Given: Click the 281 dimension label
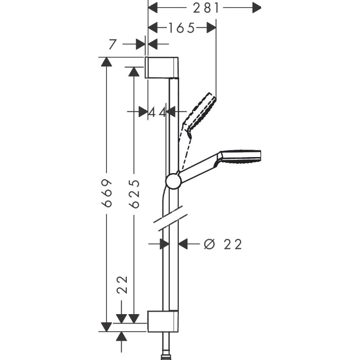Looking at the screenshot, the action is point(206,8).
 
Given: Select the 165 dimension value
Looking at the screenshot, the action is point(182,28).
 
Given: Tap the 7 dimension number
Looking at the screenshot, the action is point(112,44).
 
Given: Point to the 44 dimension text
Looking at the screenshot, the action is point(157,113).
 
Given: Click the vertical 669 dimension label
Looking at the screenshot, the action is point(107,193).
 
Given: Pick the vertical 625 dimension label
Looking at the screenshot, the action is point(134,194).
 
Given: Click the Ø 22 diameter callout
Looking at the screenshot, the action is point(223,244).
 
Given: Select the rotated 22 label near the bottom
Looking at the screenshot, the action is point(122,285).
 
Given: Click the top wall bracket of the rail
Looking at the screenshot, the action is point(162,67).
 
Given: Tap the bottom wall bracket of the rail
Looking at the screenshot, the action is point(163,321).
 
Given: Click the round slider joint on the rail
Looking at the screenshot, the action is point(174,181).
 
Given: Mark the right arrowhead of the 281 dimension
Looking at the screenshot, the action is point(257,8).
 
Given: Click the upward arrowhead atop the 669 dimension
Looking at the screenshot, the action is point(106,62).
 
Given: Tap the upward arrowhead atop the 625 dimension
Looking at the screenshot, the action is point(134,71).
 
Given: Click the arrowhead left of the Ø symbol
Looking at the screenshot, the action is point(183,244).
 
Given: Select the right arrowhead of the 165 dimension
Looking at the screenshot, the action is point(211,28).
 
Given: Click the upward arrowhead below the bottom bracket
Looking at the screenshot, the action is point(122,336).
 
